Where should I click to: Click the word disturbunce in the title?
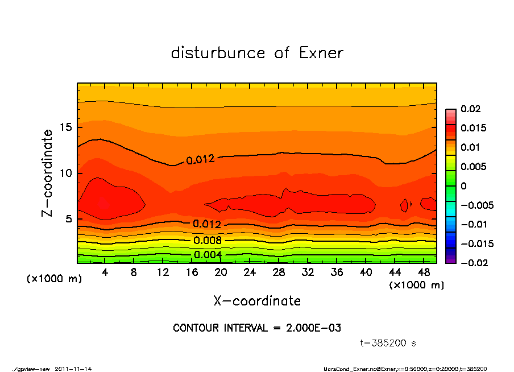pos(218,53)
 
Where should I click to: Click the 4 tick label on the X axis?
pos(105,272)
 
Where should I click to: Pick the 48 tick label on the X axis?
pos(424,272)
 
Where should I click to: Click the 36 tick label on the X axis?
pos(337,272)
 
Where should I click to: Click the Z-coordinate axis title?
pos(48,172)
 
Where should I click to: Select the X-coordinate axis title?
pos(257,301)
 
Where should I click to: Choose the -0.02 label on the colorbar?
pos(471,263)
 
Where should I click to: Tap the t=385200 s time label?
pos(388,343)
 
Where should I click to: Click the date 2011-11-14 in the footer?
pos(73,369)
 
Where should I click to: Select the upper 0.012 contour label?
pos(200,160)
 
